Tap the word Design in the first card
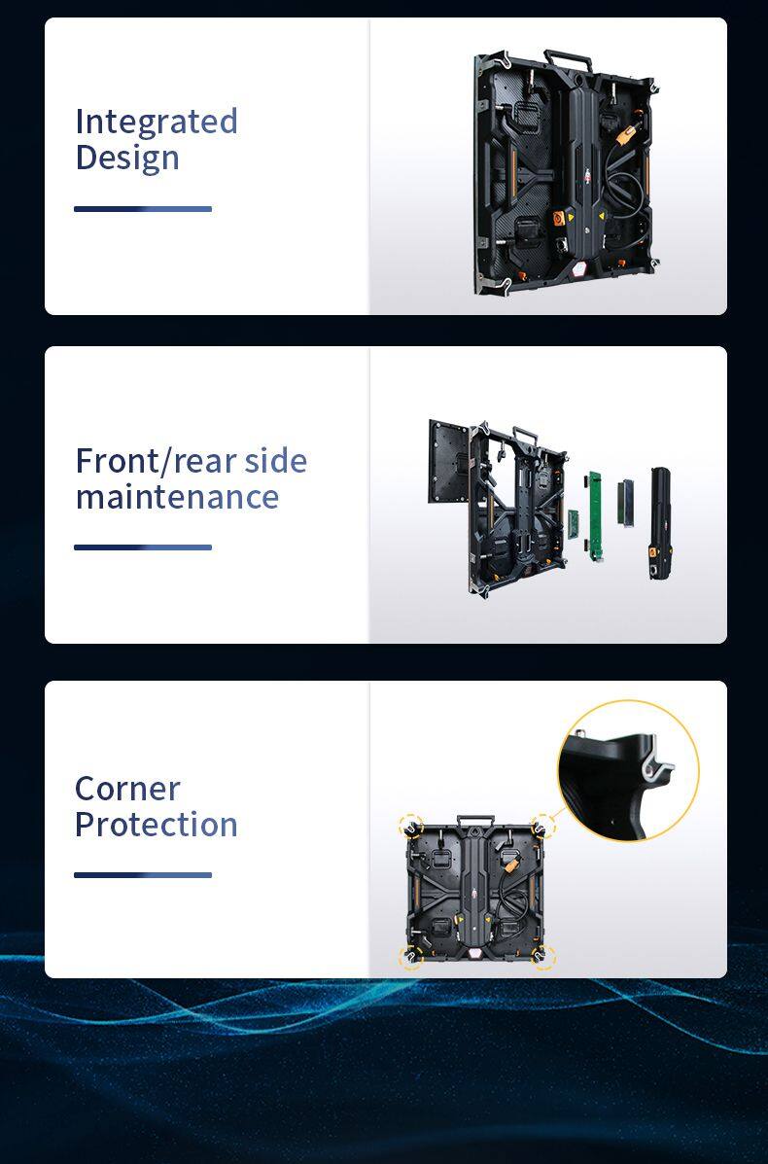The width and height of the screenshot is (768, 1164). click(127, 159)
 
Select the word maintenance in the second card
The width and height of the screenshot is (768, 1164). click(177, 497)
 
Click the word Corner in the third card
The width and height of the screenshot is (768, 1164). click(127, 789)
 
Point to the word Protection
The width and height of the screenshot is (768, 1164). click(157, 825)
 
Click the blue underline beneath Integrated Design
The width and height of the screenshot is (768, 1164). click(143, 209)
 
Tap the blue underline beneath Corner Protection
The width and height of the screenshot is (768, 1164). click(143, 875)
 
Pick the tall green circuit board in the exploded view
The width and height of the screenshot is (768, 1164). click(594, 515)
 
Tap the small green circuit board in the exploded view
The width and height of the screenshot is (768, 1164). click(574, 522)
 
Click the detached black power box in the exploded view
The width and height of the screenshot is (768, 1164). click(660, 522)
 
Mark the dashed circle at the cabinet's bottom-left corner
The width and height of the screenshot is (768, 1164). click(410, 956)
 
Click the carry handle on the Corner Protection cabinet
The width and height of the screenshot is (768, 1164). click(475, 820)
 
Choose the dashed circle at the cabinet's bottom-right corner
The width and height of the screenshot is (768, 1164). click(543, 957)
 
